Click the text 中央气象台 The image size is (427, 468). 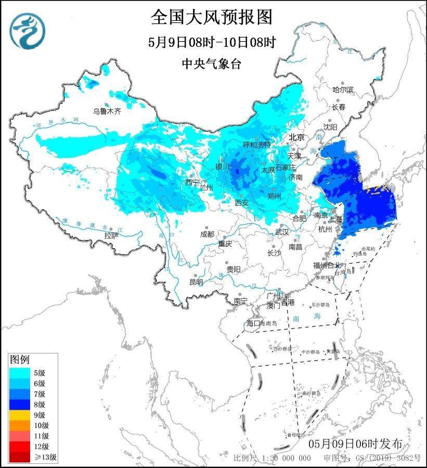(212, 64)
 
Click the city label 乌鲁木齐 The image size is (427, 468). (107, 111)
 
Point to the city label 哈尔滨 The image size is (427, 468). (343, 90)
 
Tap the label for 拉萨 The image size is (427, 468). (111, 236)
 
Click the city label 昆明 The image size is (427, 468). (196, 282)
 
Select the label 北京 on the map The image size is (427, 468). (296, 138)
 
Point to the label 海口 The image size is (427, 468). (252, 323)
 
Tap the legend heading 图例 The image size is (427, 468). (20, 360)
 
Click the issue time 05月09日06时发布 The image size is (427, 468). (355, 444)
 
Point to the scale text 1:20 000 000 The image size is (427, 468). (286, 458)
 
